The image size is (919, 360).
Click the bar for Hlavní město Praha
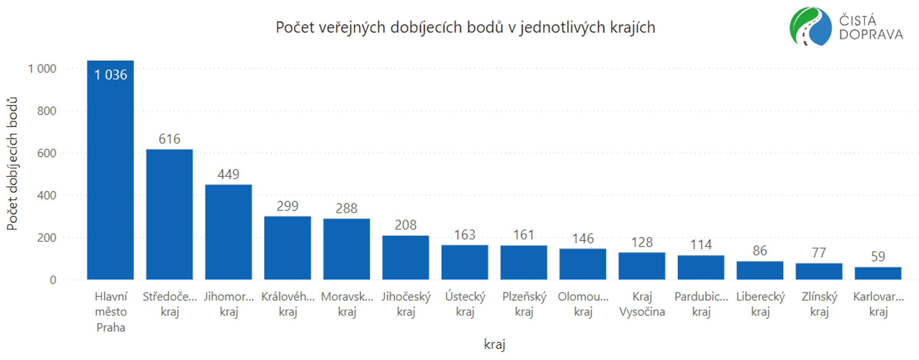[110, 170]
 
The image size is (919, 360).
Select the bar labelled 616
[169, 214]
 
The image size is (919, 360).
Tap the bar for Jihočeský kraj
[406, 257]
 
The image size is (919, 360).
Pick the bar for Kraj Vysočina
[642, 266]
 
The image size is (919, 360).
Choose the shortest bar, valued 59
[878, 273]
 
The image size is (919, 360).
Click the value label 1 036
[111, 75]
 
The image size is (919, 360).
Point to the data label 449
[228, 175]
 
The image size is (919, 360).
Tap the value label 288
[347, 208]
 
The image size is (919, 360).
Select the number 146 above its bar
[583, 239]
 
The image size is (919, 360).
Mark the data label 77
[819, 253]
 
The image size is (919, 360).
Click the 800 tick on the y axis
[47, 111]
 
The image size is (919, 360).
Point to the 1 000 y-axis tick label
[42, 69]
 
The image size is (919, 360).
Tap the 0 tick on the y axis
[53, 280]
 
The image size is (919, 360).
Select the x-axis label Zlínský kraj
[819, 304]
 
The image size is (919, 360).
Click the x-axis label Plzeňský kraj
[524, 304]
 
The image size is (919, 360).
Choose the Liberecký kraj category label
[760, 304]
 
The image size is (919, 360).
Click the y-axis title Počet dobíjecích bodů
[12, 164]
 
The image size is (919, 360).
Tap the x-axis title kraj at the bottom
[494, 344]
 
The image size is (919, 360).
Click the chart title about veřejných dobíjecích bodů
[466, 28]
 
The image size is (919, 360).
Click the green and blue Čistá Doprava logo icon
[810, 26]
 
